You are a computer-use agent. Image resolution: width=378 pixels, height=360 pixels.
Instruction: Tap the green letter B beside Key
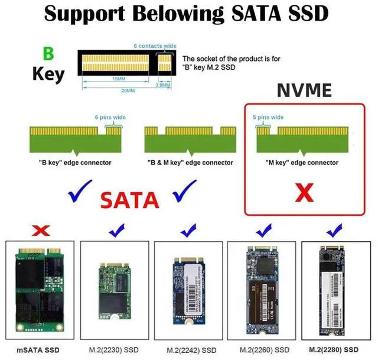(x=48, y=54)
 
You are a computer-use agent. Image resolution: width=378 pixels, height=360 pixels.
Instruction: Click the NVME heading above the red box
(x=304, y=90)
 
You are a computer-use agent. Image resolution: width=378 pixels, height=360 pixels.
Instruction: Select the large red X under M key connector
(x=303, y=192)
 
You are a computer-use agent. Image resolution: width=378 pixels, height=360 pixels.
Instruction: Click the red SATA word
(x=130, y=200)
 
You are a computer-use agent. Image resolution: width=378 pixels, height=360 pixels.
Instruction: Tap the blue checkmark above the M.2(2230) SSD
(x=116, y=228)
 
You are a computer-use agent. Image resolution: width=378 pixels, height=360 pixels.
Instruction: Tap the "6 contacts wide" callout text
(x=155, y=46)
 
